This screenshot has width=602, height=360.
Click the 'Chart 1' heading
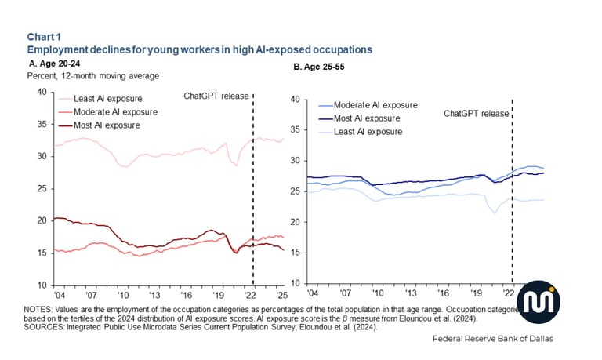(x=42, y=37)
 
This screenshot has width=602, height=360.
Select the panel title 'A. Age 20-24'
(x=54, y=63)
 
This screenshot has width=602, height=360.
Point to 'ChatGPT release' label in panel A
(x=216, y=96)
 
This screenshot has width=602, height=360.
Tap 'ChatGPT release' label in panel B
(x=476, y=113)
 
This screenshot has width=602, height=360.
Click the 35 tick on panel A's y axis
(x=40, y=124)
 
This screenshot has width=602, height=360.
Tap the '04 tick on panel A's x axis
(x=60, y=296)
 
